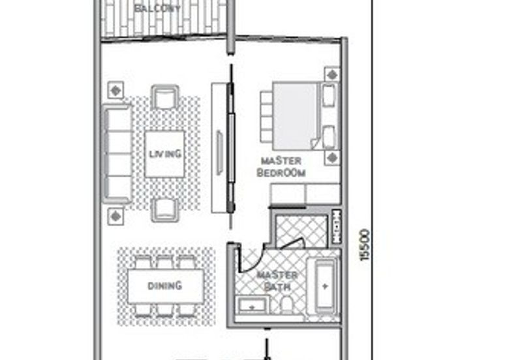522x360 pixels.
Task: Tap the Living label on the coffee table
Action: (x=164, y=154)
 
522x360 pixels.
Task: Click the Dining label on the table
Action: (x=165, y=286)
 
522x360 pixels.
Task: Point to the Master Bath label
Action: (x=277, y=280)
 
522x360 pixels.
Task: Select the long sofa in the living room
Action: (x=118, y=155)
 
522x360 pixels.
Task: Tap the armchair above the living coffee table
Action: (x=165, y=97)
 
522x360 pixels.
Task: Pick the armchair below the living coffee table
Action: (x=165, y=210)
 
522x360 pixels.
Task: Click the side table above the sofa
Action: (x=115, y=90)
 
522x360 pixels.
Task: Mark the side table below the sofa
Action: (x=115, y=215)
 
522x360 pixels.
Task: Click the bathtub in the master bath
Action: (x=325, y=286)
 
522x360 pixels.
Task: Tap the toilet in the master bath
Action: (x=286, y=305)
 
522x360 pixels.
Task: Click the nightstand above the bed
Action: (x=331, y=74)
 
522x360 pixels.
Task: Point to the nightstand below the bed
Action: (x=331, y=157)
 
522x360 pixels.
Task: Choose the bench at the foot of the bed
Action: (x=266, y=115)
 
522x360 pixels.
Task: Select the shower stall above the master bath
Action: (x=301, y=232)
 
